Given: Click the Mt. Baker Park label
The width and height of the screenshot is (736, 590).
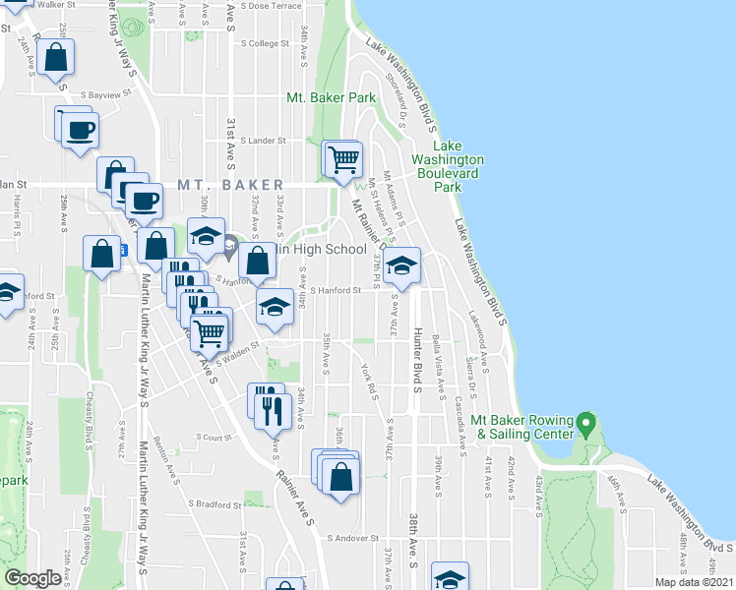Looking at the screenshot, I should (x=331, y=98).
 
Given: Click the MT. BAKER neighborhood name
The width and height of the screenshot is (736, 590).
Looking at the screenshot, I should (x=230, y=185).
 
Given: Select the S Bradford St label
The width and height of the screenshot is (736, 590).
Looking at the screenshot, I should (x=215, y=504).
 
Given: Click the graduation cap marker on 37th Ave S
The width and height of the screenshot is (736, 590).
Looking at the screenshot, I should (x=400, y=265).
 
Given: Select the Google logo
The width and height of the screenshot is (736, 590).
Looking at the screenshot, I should (x=32, y=579).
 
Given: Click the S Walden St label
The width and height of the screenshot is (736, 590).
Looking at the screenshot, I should (x=240, y=346).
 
